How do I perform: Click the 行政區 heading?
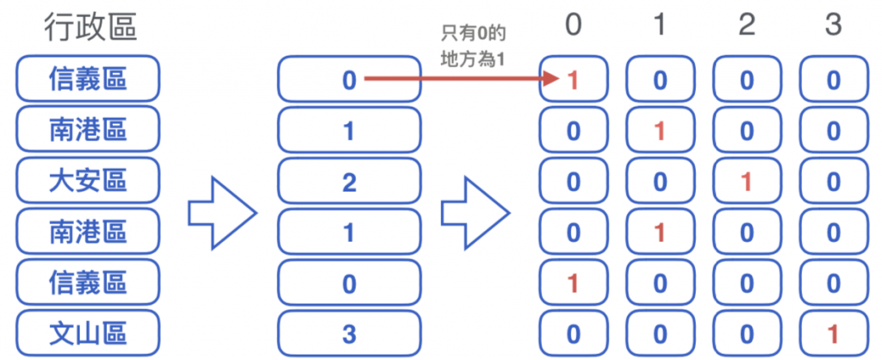pos(90,28)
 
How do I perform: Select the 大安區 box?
pos(88,182)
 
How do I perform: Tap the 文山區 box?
pos(88,333)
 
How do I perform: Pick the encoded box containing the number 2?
pos(349,183)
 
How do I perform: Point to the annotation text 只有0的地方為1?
pos(471,48)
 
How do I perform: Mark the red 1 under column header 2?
pos(746,183)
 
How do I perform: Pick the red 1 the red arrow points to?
pos(573,81)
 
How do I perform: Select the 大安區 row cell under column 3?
pos(832,183)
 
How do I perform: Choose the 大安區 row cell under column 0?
pos(573,183)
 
